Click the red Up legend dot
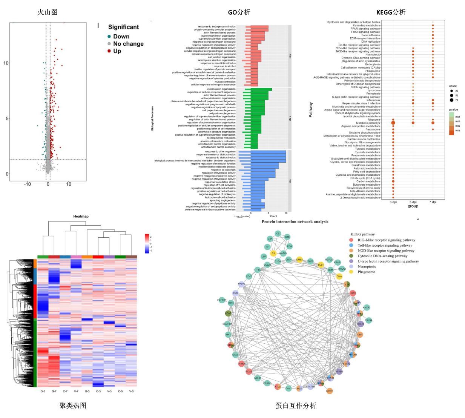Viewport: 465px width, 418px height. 109,51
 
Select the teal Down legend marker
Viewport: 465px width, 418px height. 109,37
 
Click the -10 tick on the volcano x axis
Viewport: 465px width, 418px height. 28,184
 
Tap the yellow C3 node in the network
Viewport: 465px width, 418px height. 273,253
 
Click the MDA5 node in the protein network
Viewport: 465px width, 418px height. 249,372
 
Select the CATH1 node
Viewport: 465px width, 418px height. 329,391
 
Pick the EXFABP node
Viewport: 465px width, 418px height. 222,300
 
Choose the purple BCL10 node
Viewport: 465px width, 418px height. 361,324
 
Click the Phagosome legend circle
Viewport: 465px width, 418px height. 351,272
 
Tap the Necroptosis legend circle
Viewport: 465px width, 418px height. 351,266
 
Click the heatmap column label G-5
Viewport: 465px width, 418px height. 43,391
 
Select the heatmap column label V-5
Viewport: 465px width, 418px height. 131,391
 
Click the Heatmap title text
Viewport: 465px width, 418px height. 81,216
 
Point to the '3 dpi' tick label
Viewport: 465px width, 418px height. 393,202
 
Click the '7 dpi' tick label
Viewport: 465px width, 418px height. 433,202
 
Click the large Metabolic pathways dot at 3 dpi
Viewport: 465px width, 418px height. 393,123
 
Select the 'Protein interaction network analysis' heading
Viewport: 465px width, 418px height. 295,221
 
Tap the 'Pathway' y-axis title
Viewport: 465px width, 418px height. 311,109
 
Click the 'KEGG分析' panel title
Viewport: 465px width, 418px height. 391,12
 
